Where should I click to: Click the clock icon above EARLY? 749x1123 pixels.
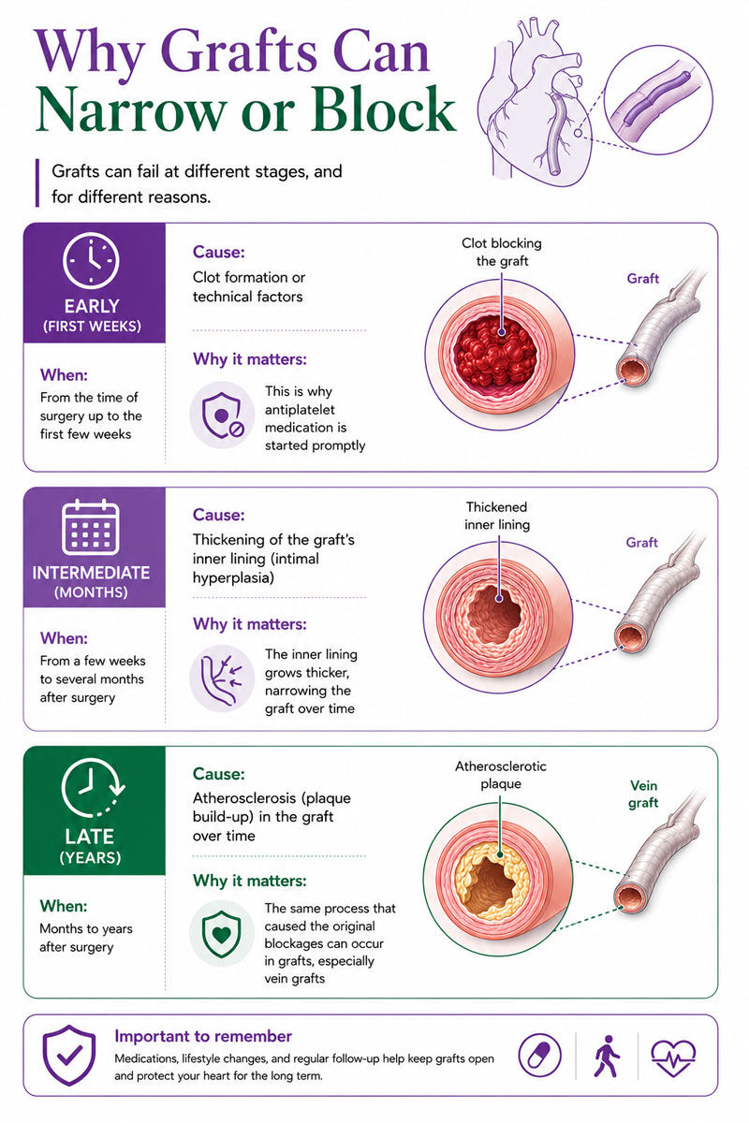point(91,260)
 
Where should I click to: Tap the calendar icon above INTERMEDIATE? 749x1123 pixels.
point(90,528)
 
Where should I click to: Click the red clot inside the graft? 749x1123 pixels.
point(495,350)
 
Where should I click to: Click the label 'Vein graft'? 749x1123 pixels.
point(643,795)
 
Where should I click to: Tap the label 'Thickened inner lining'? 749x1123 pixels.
point(496,516)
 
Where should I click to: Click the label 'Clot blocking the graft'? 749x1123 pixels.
point(502,252)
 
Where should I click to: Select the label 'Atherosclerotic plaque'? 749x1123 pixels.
point(501,775)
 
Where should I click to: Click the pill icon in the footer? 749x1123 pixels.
point(540,1055)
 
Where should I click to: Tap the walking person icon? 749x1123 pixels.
point(607,1056)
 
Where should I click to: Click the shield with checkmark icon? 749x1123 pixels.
point(68,1055)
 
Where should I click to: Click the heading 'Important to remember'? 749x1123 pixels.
point(203,1036)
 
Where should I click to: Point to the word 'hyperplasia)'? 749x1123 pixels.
point(233,578)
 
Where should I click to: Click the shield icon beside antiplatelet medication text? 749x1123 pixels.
point(222,416)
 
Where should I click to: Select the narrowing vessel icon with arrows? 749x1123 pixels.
point(222,678)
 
